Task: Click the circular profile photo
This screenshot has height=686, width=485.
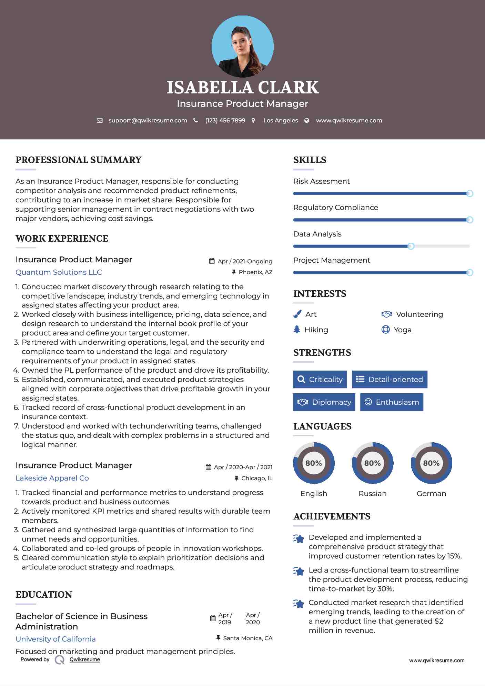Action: pyautogui.click(x=242, y=47)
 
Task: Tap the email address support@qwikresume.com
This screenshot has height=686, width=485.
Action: pyautogui.click(x=148, y=120)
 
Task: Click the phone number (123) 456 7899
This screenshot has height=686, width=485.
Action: pyautogui.click(x=225, y=120)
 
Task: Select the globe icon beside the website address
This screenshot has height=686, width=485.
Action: pyautogui.click(x=307, y=120)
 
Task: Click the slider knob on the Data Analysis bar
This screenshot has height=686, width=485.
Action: pyautogui.click(x=411, y=246)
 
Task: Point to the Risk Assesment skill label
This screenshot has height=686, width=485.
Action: pyautogui.click(x=321, y=181)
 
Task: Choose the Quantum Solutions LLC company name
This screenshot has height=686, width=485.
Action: pyautogui.click(x=59, y=272)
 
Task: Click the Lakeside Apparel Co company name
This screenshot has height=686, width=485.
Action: pyautogui.click(x=52, y=478)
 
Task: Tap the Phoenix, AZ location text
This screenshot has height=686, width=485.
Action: pyautogui.click(x=255, y=272)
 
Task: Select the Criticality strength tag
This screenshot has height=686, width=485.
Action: pyautogui.click(x=320, y=379)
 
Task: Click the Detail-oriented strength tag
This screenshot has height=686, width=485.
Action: pyautogui.click(x=390, y=379)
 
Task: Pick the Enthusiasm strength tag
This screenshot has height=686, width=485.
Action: pyautogui.click(x=392, y=402)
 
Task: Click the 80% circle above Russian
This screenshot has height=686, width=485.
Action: pyautogui.click(x=372, y=463)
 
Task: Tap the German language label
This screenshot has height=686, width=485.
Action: pyautogui.click(x=431, y=494)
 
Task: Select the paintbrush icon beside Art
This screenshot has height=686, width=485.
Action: pyautogui.click(x=297, y=314)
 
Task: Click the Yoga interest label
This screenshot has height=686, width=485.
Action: pyautogui.click(x=402, y=330)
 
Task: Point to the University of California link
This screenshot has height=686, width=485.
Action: pyautogui.click(x=55, y=639)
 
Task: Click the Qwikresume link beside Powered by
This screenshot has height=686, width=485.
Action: pyautogui.click(x=85, y=659)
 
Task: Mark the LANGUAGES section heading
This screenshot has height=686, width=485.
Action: pyautogui.click(x=322, y=426)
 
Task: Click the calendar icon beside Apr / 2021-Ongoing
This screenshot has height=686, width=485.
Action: pyautogui.click(x=212, y=261)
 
